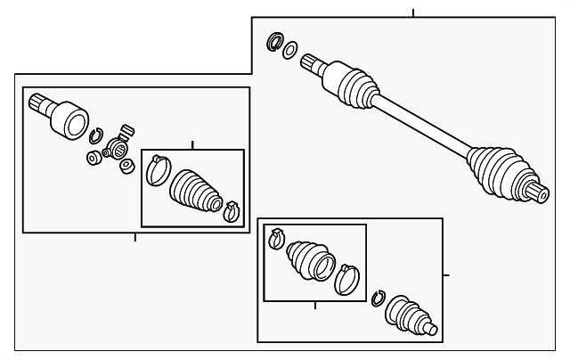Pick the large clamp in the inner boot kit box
(158, 169)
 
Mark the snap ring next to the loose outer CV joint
(378, 300)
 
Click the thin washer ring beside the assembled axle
(290, 49)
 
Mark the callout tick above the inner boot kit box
(192, 144)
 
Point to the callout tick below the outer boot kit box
(315, 306)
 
